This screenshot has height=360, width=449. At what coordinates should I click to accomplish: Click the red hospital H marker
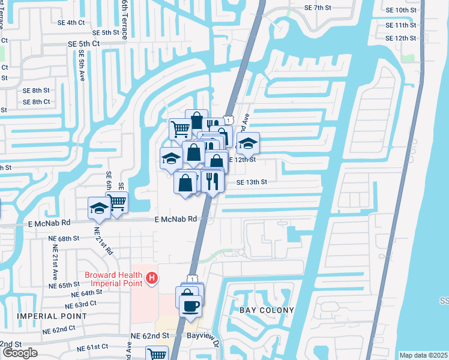pos(152,278)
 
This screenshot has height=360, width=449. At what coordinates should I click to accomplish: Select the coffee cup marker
pos(191,307)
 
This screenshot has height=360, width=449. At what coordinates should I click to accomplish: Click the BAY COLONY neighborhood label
pos(267,310)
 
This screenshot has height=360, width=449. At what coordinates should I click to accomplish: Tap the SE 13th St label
pos(252,182)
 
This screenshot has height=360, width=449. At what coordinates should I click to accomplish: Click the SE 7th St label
pos(318,8)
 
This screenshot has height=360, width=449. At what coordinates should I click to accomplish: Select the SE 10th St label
pos(402,10)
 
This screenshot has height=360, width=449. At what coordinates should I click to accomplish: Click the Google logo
pos(20,353)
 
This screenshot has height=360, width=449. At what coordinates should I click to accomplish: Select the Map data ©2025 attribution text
pos(423,355)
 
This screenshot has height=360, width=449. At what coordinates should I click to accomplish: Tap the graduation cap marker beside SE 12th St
pos(247,143)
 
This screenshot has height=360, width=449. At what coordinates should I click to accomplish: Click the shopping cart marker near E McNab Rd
pos(118,203)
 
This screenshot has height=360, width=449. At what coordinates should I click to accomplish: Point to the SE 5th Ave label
pos(81,66)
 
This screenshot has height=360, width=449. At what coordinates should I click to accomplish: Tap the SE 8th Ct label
pos(37,102)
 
